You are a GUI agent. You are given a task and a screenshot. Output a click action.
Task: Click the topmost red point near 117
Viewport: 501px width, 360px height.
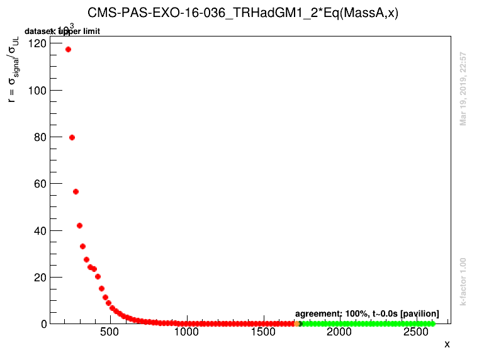click(x=68, y=49)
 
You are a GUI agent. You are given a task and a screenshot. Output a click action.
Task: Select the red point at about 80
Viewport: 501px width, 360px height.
click(x=72, y=137)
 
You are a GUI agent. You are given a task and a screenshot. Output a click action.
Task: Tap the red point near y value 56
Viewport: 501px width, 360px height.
click(x=76, y=191)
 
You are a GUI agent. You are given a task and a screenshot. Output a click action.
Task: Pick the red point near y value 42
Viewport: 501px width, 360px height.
click(x=79, y=225)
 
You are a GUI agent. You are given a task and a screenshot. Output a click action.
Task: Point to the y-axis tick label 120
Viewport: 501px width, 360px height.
click(x=37, y=43)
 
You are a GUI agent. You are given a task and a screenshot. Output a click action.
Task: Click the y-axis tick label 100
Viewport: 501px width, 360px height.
click(x=37, y=90)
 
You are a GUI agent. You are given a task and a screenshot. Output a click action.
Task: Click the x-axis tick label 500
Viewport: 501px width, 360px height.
click(x=110, y=332)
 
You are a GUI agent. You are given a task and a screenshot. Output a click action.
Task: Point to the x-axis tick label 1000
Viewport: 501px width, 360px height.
click(x=186, y=332)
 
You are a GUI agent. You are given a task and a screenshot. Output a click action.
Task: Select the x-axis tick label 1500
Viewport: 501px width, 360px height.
click(x=262, y=332)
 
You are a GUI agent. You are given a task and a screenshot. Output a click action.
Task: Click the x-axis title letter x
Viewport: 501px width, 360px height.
click(x=447, y=344)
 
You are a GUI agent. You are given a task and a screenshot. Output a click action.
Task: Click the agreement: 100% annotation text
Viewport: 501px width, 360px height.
click(x=367, y=313)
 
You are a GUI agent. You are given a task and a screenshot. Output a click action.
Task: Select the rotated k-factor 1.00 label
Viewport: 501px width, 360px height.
click(x=463, y=281)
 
